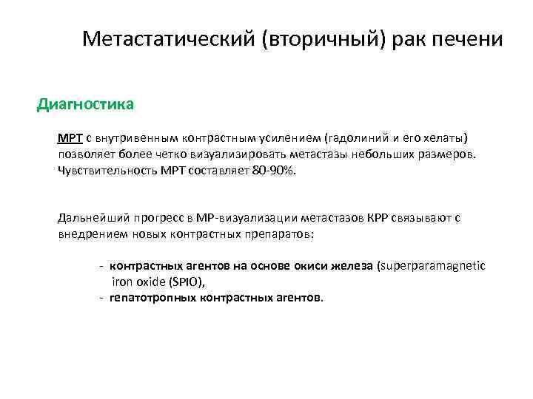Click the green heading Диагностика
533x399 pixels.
[x=85, y=104]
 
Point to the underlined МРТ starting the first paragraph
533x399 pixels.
[x=69, y=138]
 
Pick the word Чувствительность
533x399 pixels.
[x=107, y=171]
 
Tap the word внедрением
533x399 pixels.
[x=91, y=233]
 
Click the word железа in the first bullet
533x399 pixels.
[x=354, y=266]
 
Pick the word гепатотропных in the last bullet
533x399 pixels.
[x=150, y=298]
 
